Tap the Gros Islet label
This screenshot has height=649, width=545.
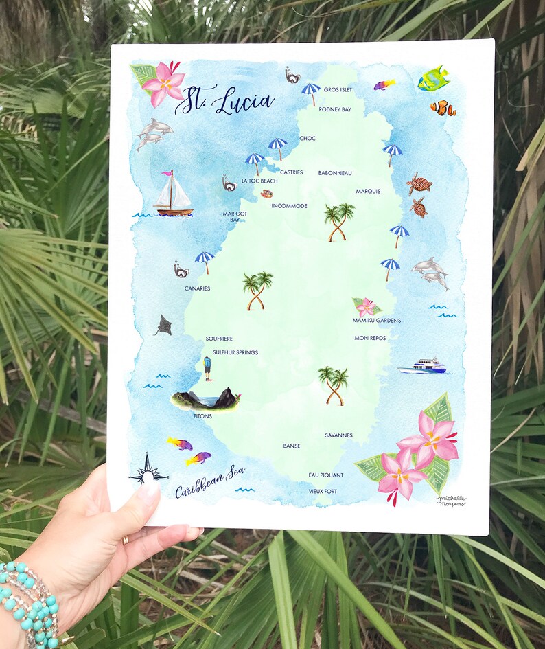(338, 89)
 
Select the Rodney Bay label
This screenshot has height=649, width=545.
(335, 109)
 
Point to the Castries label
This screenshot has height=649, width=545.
(291, 172)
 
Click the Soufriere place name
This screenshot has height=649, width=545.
(219, 339)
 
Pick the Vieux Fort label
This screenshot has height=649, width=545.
(323, 491)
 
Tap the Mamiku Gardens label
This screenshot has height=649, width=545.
(377, 320)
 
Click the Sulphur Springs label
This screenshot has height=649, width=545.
(235, 352)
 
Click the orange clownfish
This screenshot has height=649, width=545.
(443, 108)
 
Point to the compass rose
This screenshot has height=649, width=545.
(148, 470)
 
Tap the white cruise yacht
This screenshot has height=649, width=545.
(423, 366)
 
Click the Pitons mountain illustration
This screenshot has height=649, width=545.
(206, 399)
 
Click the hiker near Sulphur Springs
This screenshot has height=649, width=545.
(207, 368)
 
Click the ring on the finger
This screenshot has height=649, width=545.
(125, 540)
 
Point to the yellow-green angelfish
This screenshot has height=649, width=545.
(433, 79)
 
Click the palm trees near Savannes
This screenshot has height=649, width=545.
(334, 385)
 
